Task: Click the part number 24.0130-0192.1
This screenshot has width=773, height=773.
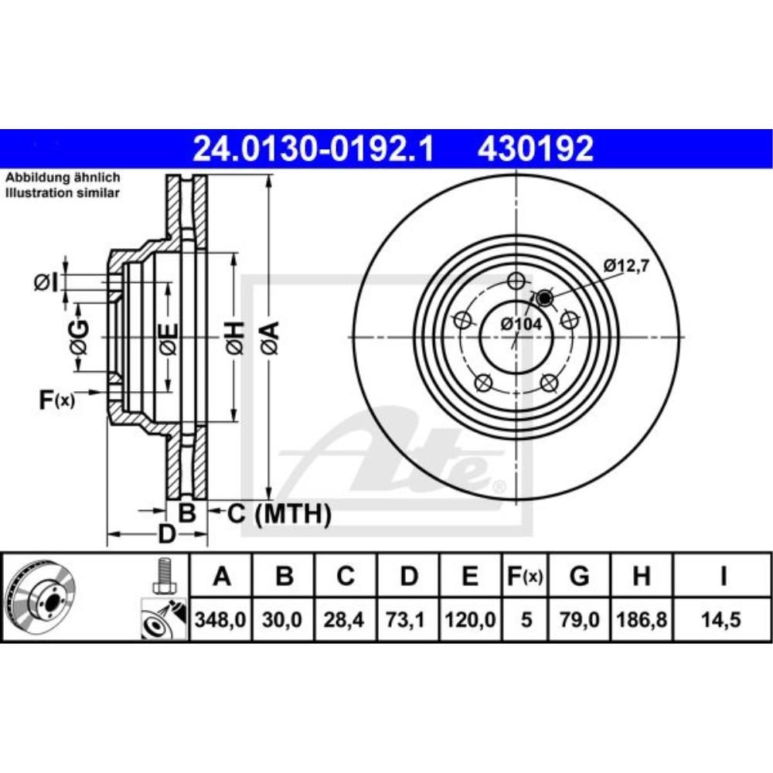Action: tap(314, 148)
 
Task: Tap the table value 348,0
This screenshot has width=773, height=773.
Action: tap(221, 620)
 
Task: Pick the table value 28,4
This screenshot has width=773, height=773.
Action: tap(346, 620)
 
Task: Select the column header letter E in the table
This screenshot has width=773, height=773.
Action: tap(471, 577)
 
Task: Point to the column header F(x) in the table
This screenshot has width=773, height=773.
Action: tap(526, 577)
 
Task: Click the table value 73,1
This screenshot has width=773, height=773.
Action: tap(409, 620)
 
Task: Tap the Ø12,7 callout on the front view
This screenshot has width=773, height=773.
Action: tap(626, 266)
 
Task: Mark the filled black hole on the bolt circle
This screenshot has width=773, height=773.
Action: tap(544, 297)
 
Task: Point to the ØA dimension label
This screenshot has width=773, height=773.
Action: tap(268, 338)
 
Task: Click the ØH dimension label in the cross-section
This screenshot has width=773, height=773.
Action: tap(236, 338)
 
